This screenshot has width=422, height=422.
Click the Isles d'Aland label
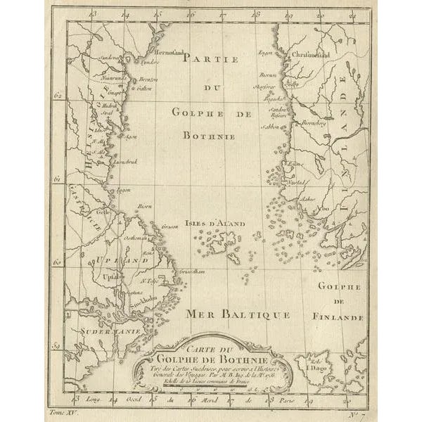point(215,223)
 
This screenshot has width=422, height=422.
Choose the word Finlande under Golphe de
point(340,316)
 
